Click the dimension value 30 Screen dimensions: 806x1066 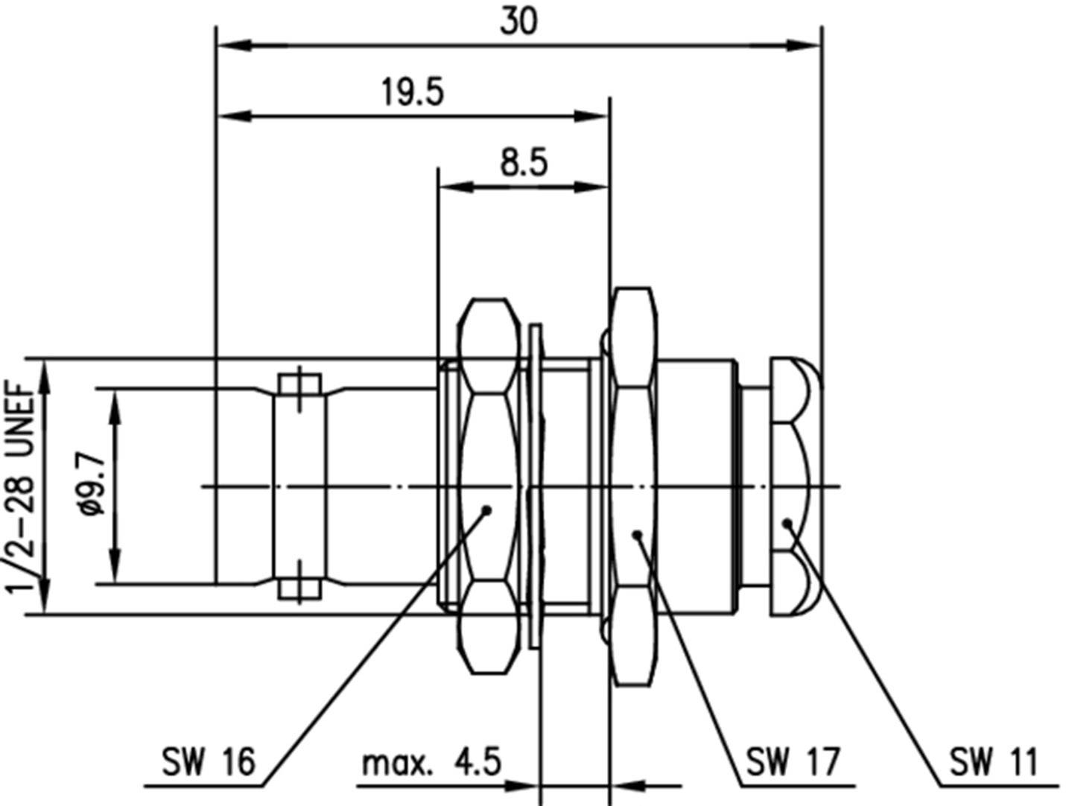[518, 21]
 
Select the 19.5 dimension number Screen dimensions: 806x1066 [412, 92]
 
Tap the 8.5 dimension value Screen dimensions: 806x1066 [523, 162]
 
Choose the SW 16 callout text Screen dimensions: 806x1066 [209, 762]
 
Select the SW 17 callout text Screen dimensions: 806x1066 [793, 762]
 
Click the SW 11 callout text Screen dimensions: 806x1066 [993, 762]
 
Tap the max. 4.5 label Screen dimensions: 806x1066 [431, 763]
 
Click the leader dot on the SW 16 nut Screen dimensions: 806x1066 [486, 510]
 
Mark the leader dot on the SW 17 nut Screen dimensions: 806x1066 [637, 533]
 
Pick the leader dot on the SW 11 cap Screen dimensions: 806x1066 [787, 523]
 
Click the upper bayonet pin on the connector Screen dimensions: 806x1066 [300, 386]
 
